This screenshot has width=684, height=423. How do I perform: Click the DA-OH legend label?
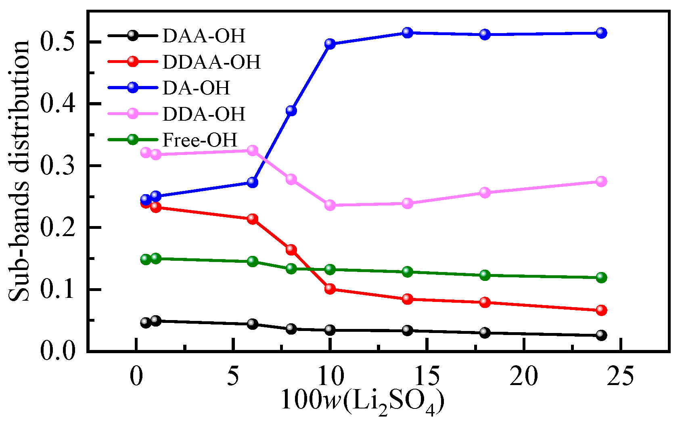click(x=196, y=88)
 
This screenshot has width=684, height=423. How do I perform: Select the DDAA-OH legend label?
click(x=211, y=62)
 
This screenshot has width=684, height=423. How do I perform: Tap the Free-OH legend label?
click(x=200, y=140)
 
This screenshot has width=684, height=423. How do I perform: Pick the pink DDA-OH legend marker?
click(x=133, y=113)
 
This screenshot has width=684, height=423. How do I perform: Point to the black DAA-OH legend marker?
click(x=133, y=36)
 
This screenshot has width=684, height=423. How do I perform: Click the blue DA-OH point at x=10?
click(x=330, y=44)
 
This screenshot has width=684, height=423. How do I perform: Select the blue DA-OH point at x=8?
click(x=291, y=110)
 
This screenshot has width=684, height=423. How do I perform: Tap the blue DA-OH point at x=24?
click(x=601, y=33)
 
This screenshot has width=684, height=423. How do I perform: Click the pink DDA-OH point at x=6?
click(x=253, y=150)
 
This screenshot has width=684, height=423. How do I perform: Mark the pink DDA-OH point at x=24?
click(x=601, y=181)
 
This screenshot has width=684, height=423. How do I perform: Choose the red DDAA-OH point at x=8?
click(x=291, y=249)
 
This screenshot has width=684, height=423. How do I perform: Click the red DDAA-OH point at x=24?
click(x=601, y=310)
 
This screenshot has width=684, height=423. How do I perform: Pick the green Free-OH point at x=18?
click(x=485, y=275)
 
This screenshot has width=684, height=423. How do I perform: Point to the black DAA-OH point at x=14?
click(x=408, y=330)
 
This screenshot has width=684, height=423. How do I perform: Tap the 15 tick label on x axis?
click(x=427, y=376)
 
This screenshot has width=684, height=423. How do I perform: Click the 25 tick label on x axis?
click(x=620, y=376)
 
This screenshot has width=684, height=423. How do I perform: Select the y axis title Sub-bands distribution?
click(x=19, y=172)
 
